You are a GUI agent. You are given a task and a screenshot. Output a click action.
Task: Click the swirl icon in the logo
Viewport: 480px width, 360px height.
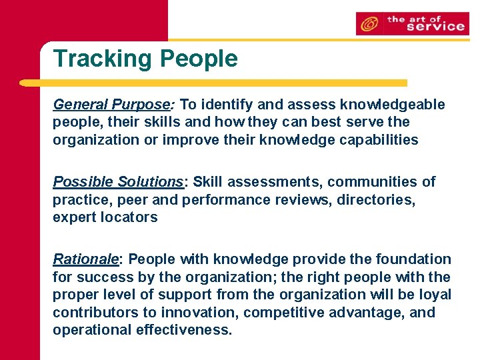(367, 24)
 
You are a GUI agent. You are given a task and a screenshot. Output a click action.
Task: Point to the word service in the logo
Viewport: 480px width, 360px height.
(435, 27)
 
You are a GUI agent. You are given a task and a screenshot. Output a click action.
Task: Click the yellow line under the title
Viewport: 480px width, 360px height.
(213, 83)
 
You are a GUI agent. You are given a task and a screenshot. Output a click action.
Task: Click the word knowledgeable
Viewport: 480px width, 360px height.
(392, 105)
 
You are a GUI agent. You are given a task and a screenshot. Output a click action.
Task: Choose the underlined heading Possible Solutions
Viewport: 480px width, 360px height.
(118, 182)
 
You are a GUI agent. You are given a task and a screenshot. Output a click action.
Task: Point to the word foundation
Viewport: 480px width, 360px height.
(413, 259)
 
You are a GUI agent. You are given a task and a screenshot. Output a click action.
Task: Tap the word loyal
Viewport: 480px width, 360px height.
(436, 295)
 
